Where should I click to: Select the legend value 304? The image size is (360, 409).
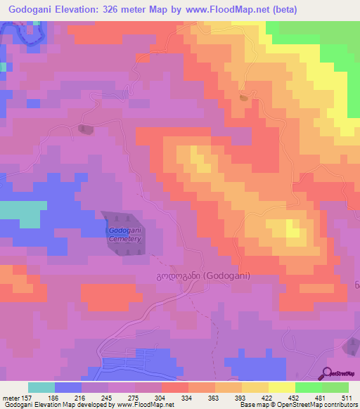161,398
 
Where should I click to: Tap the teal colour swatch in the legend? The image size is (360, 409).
41,387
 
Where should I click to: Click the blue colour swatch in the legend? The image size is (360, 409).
68,387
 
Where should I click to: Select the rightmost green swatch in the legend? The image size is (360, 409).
335,387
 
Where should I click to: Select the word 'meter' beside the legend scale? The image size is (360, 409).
12,398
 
